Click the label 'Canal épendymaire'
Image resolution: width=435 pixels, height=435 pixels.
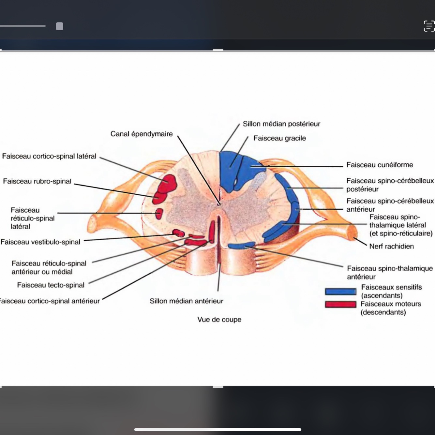[x=142, y=134]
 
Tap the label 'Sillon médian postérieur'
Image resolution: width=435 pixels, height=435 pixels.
[x=281, y=124]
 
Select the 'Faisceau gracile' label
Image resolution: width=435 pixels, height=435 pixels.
[x=279, y=138]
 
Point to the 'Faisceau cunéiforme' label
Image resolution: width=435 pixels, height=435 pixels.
[x=380, y=165]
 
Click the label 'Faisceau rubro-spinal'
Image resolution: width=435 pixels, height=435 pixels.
[x=37, y=181]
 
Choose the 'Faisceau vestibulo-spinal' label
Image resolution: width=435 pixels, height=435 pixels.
[x=40, y=242]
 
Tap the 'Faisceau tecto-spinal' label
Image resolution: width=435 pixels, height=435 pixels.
[x=51, y=285]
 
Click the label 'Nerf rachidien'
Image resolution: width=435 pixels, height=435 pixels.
[x=391, y=247]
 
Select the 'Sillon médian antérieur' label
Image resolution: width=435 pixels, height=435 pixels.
[x=187, y=301]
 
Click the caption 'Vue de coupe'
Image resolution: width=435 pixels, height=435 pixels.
[x=219, y=320]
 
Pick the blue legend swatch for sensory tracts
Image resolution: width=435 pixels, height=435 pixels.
[x=340, y=292]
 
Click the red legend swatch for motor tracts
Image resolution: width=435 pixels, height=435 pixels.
[x=340, y=304]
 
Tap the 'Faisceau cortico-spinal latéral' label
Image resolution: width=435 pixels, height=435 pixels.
[x=49, y=157]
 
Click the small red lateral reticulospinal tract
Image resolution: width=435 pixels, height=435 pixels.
[x=159, y=214]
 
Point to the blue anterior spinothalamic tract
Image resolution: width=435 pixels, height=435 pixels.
[x=241, y=245]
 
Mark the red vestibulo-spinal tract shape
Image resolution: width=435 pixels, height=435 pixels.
[x=179, y=233]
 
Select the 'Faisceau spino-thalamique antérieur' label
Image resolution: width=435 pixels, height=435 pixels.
[x=390, y=273]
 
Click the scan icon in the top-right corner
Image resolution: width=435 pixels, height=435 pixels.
[x=429, y=26]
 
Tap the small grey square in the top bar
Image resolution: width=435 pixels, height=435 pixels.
[x=59, y=26]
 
